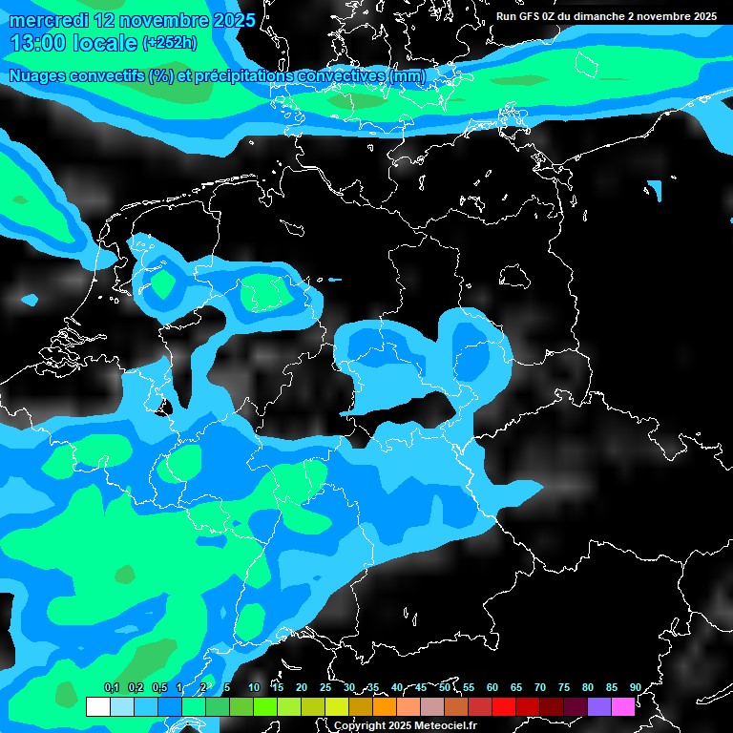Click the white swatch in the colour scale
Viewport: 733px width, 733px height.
pyautogui.click(x=98, y=707)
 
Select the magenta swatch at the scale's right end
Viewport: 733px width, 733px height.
pyautogui.click(x=623, y=707)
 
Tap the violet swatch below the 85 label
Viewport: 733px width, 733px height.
pyautogui.click(x=599, y=707)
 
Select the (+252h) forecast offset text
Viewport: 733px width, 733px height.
pyautogui.click(x=170, y=43)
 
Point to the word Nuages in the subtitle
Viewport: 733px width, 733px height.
pyautogui.click(x=37, y=76)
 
